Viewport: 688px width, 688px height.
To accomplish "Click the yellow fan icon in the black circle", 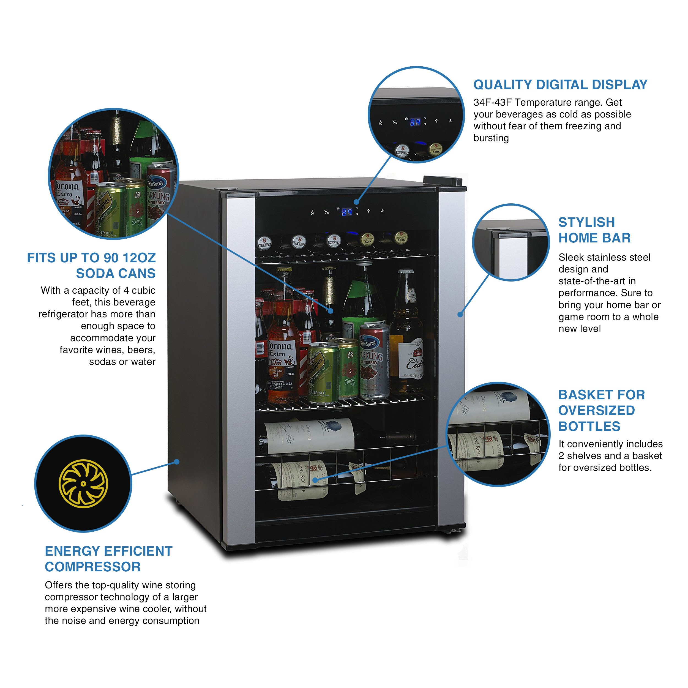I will click(83, 483).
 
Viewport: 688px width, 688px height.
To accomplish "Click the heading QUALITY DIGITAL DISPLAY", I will click(560, 85).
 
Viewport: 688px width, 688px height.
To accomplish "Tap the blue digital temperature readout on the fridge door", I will click(347, 212).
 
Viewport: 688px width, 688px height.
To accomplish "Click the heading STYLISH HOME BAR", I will click(594, 230).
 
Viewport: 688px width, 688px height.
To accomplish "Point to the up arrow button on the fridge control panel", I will click(368, 211).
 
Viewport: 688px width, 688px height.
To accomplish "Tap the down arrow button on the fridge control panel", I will click(382, 211).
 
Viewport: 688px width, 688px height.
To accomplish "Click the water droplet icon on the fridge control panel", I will click(312, 213).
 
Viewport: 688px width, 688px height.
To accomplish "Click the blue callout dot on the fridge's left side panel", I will click(176, 462).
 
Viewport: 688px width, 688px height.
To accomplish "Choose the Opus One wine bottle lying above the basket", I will click(310, 436).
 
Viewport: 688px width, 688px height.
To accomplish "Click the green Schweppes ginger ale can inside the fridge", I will click(322, 372).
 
